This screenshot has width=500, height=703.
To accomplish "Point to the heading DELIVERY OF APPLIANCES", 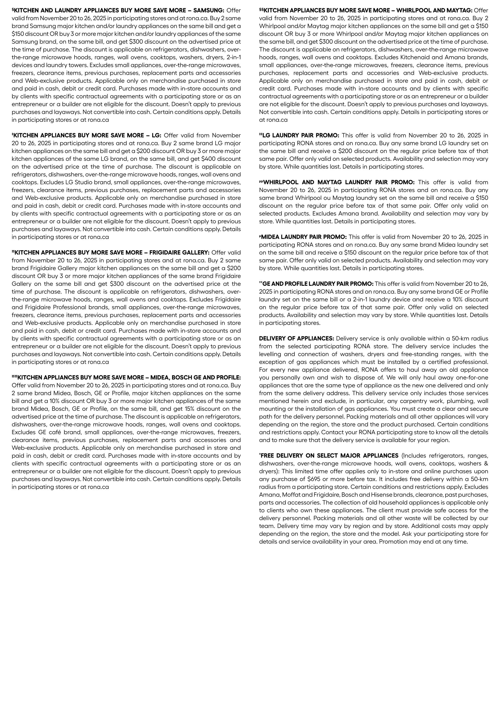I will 296,339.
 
